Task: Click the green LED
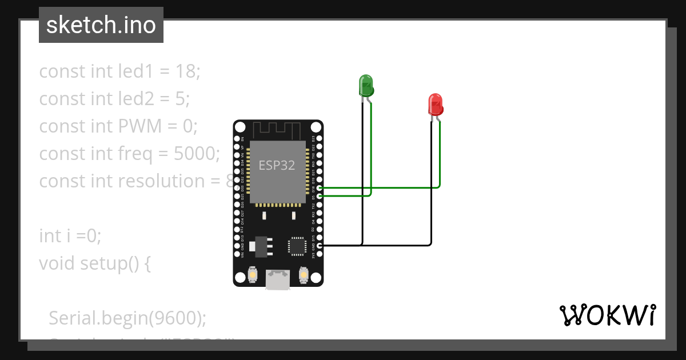pos(365,85)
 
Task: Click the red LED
pos(436,105)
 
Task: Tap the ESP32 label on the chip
pos(277,166)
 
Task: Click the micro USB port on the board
pos(278,279)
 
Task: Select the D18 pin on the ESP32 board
pos(319,187)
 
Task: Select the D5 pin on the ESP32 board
pos(319,195)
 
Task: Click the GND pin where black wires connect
pos(319,245)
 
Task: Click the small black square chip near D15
pos(297,246)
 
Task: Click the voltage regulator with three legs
pos(262,245)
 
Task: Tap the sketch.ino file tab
pos(101,25)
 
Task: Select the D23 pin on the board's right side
pos(319,139)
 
